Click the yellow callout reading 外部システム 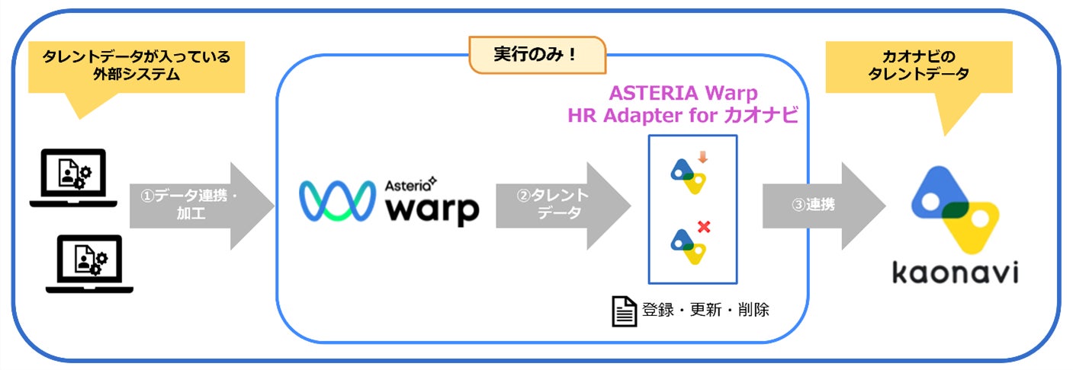(x=136, y=67)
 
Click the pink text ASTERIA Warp (x=683, y=94)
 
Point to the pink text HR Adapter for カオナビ (x=683, y=116)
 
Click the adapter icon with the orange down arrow (x=689, y=174)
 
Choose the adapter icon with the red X (x=689, y=244)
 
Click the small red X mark (x=704, y=226)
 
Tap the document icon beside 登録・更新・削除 (x=624, y=311)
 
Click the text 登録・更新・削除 (x=705, y=310)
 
